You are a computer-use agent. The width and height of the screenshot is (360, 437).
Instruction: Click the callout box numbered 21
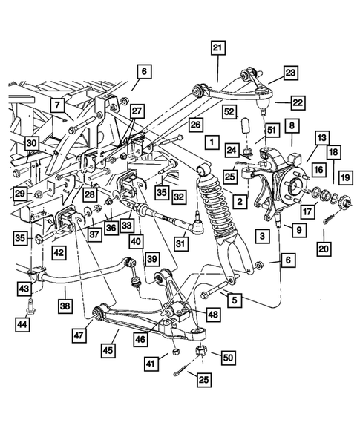coord(217,49)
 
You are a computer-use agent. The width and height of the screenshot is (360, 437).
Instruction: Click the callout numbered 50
coord(226,358)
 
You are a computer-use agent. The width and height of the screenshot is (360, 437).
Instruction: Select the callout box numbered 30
coord(30,143)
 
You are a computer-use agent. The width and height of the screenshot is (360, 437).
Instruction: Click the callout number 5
coord(234,300)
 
